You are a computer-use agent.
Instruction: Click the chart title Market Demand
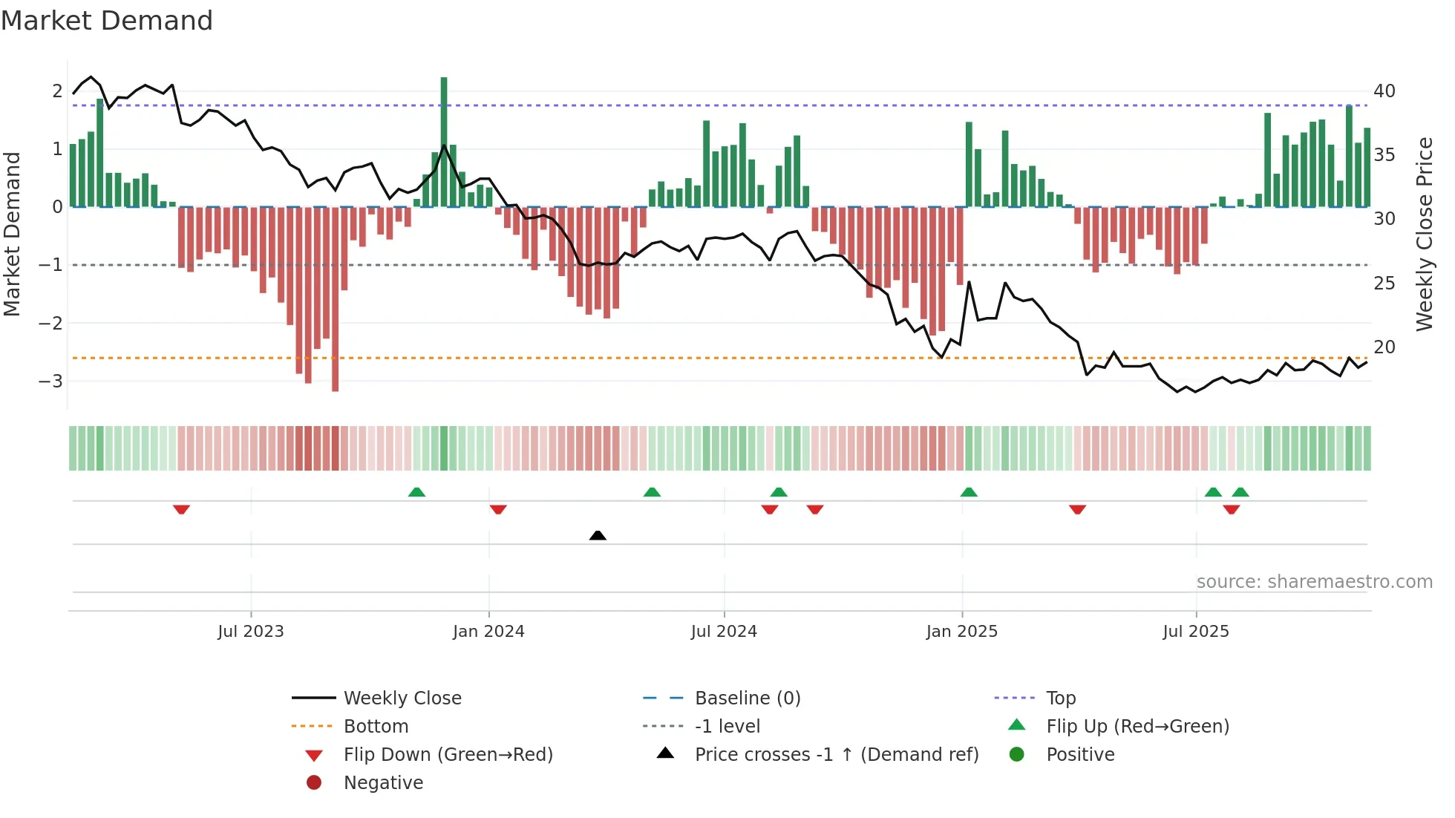107,21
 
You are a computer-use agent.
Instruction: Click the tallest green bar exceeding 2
444,141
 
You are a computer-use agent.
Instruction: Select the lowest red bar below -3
335,297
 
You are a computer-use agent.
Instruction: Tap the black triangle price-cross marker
598,535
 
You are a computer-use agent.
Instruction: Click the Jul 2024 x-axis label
724,632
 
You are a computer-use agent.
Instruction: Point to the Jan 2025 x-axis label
962,632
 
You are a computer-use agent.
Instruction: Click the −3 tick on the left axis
51,382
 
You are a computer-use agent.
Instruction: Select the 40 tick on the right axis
1384,91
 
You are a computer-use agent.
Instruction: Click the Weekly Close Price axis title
1424,234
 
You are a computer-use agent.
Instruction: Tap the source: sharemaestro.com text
1314,582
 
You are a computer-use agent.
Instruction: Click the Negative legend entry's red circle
314,783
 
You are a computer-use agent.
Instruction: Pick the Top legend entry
1061,698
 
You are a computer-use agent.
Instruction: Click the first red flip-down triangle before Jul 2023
181,509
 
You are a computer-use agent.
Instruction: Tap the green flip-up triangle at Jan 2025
969,492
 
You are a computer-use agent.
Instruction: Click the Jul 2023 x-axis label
251,632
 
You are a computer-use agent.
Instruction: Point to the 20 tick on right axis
1384,347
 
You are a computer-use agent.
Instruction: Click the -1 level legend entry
727,727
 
